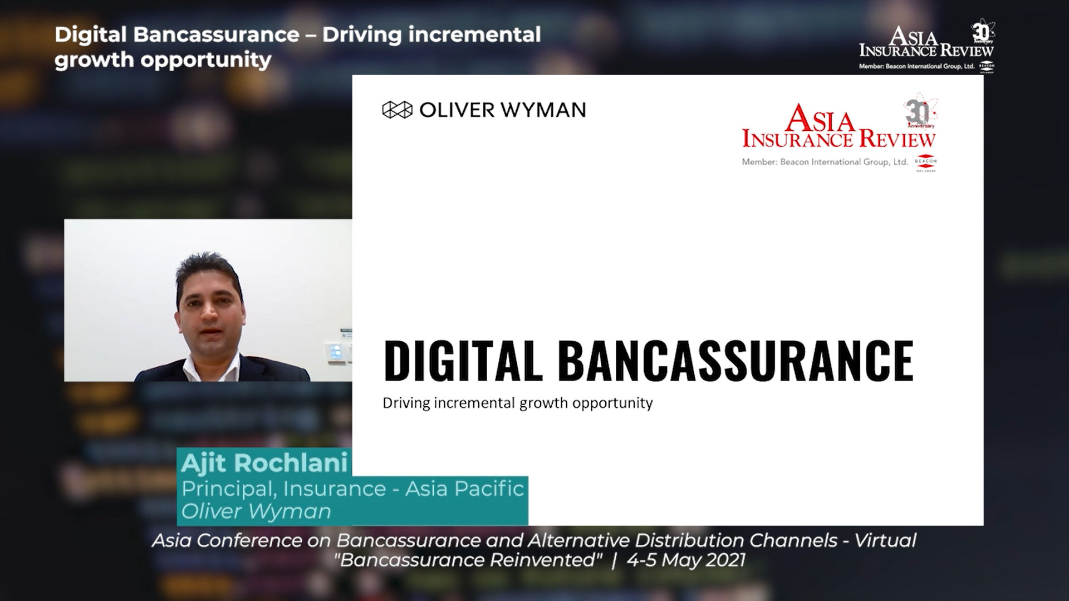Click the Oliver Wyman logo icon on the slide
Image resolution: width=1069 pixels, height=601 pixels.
pos(397,110)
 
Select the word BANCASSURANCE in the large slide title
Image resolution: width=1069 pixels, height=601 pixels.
pos(735,361)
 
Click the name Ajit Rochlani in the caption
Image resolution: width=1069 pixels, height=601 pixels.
pos(264,462)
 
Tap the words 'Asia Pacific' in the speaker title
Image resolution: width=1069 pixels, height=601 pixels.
pos(464,488)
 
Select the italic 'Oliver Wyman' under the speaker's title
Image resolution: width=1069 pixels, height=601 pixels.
pos(256,511)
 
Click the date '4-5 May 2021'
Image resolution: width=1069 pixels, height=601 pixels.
pos(685,560)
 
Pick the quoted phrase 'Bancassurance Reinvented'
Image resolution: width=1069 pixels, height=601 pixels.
pos(468,559)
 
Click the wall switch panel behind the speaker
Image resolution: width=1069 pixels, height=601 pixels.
pos(337,353)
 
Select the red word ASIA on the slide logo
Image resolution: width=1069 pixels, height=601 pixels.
pos(821,120)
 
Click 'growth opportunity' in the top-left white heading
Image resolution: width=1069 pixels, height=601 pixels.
pos(163,60)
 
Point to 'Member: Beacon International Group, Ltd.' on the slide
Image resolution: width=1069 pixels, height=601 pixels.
pos(825,162)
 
